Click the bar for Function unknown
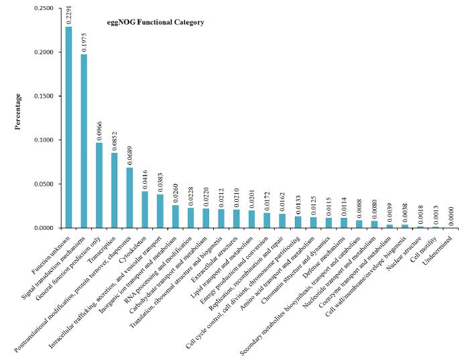pos(68,127)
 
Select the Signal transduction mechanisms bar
pos(84,141)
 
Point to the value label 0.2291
pos(68,14)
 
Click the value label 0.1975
pos(84,42)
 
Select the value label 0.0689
pos(130,155)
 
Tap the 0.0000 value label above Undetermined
pos(450,215)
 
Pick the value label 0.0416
pos(145,180)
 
